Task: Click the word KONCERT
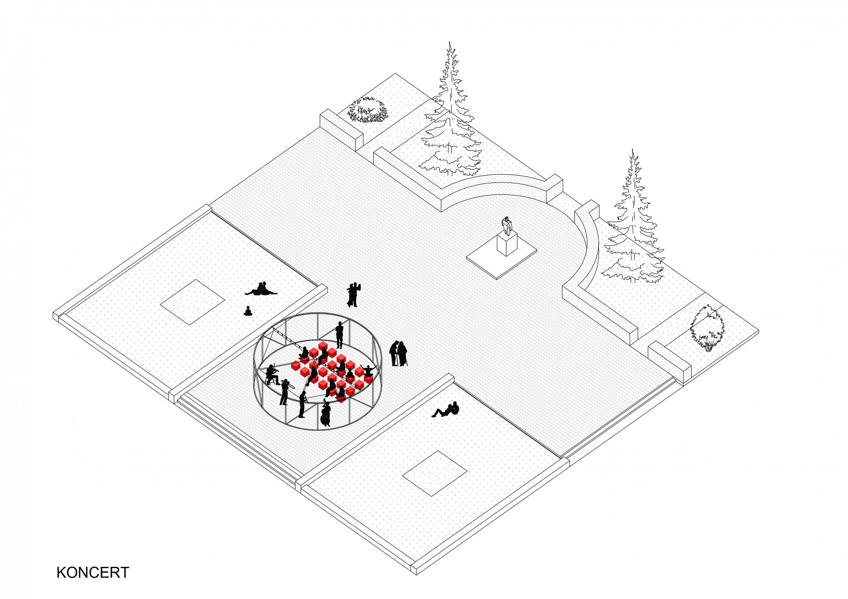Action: pos(93,572)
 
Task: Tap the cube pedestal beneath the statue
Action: pos(507,245)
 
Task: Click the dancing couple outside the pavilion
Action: pos(353,295)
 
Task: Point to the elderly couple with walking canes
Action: pos(398,354)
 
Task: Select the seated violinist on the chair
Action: pos(272,375)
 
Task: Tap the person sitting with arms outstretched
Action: pos(367,371)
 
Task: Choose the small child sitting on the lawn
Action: pos(248,311)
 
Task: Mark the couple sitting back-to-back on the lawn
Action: pos(261,289)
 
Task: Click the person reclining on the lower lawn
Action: pos(446,410)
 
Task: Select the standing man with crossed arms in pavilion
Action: pos(340,335)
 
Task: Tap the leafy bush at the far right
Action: pos(707,327)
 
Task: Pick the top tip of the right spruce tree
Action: pos(633,149)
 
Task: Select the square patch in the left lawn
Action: pos(193,302)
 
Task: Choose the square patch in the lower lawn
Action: pos(435,474)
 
